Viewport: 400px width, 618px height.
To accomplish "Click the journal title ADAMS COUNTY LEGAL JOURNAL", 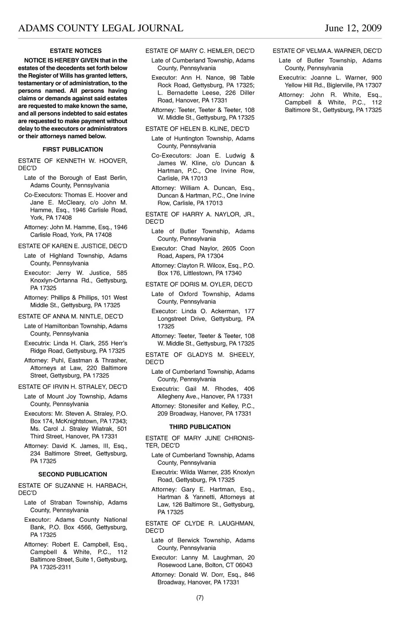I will click(x=100, y=28).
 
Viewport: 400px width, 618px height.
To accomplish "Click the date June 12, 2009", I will click(x=353, y=28).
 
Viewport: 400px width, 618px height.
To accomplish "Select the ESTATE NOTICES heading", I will click(x=75, y=51).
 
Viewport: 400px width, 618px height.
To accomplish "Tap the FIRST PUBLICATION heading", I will click(x=72, y=150).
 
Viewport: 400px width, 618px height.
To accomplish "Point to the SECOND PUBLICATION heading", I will click(x=72, y=474).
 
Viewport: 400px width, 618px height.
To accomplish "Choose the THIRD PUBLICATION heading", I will click(x=200, y=427).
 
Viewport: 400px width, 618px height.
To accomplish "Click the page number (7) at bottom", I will click(x=200, y=598).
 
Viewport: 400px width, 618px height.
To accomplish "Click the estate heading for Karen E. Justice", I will click(x=72, y=246).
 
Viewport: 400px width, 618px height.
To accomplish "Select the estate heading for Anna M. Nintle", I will click(x=70, y=317).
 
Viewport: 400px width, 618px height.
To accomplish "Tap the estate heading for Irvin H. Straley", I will click(x=72, y=387).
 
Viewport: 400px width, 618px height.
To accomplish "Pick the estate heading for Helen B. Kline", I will click(x=197, y=129).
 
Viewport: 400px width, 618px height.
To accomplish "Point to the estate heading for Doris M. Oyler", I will click(x=199, y=285).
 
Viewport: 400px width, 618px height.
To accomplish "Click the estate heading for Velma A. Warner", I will click(x=327, y=51).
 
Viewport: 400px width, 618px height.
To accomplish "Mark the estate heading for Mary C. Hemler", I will click(x=200, y=51).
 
